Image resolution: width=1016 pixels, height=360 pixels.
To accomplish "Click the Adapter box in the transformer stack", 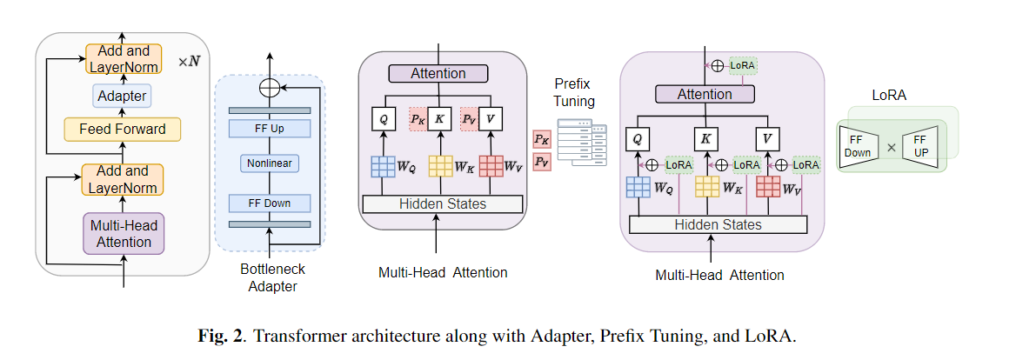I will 122,96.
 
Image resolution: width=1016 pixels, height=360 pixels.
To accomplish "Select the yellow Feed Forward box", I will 122,130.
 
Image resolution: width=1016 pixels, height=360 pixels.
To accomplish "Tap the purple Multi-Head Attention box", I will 122,233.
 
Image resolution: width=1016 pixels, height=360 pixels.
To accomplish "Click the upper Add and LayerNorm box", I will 122,58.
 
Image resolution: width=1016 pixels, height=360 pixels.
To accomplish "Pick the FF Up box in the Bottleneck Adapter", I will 269,128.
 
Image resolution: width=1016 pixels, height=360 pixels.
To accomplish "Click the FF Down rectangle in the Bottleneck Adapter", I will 269,203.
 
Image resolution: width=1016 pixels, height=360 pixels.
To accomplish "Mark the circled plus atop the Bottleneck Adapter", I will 270,87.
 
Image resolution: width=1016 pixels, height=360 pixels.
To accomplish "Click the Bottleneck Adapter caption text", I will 270,277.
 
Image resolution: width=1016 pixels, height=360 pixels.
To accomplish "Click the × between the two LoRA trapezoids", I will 891,147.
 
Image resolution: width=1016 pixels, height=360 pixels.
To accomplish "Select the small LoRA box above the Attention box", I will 743,65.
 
